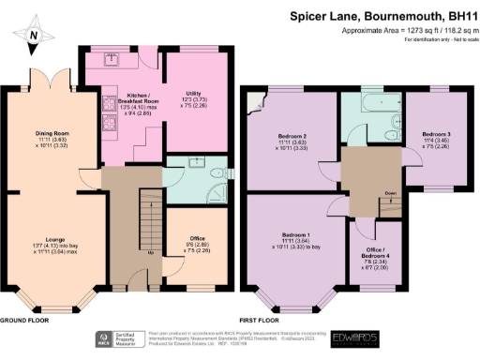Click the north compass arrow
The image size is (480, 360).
point(33,36)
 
